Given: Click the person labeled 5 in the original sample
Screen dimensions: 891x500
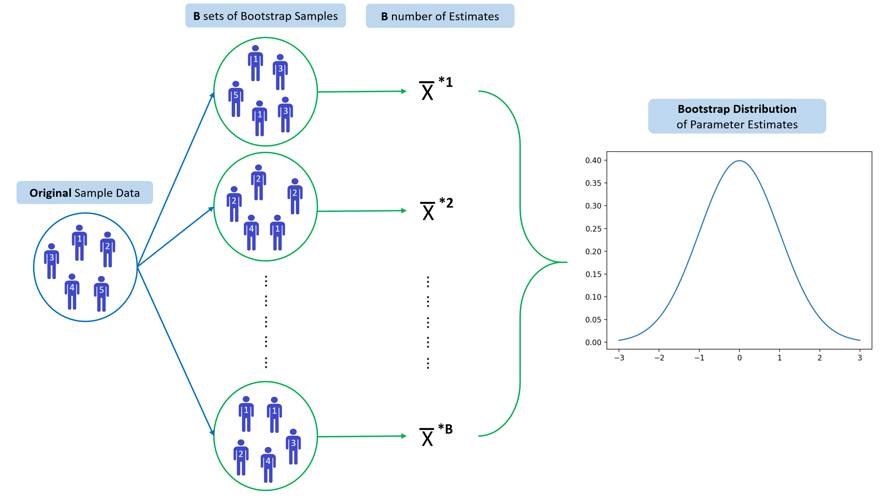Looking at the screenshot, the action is coord(101,294).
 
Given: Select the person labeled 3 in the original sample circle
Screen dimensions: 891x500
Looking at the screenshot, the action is coord(52,261).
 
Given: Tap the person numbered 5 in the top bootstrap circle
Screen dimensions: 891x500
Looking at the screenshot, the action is coord(236,99).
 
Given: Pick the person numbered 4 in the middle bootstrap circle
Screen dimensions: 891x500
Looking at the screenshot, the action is coord(251,233).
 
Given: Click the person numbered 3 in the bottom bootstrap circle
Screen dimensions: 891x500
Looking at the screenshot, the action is coord(293,447).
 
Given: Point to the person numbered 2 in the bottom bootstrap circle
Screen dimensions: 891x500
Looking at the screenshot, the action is coord(241,457).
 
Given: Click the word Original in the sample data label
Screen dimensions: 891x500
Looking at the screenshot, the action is coord(50,193).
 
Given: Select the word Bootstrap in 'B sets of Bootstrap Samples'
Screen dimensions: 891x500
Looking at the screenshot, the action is coord(266,16).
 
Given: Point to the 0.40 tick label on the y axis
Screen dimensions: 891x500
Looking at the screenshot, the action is coord(593,160).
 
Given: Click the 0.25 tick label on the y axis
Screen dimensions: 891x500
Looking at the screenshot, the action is coord(593,229).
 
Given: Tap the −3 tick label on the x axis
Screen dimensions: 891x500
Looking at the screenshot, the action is coord(619,358).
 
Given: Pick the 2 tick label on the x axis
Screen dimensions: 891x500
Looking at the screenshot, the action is coord(819,358).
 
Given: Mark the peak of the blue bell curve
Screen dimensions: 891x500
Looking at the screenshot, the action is coord(739,161).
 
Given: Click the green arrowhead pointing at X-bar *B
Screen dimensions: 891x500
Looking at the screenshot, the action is coord(404,436).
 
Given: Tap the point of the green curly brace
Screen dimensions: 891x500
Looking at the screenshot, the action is coord(567,262).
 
